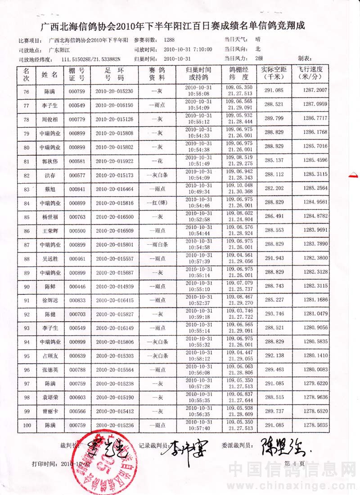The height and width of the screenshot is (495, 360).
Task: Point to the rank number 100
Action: pyautogui.click(x=27, y=425)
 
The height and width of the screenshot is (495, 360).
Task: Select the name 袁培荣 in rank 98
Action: pyautogui.click(x=49, y=398)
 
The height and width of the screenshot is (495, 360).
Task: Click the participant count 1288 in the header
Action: pyautogui.click(x=170, y=40)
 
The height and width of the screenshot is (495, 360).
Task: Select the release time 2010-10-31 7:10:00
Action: pyautogui.click(x=188, y=49)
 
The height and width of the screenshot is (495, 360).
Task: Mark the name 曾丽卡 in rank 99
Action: pyautogui.click(x=49, y=412)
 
